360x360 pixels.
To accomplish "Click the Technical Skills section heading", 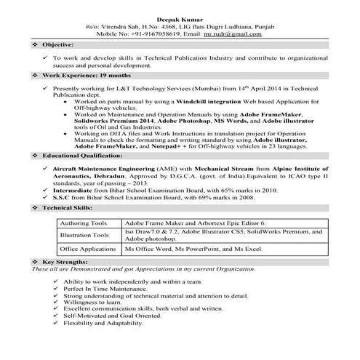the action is coord(69,207).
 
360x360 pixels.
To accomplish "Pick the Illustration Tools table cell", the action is coord(84,235).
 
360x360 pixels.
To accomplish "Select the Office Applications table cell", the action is coord(87,249).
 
